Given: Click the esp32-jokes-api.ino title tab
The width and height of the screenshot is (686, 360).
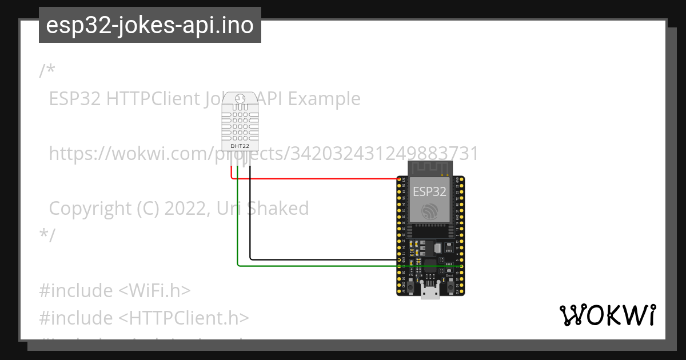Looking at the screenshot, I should click(150, 25).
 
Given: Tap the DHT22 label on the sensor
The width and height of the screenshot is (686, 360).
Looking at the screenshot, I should click(240, 146).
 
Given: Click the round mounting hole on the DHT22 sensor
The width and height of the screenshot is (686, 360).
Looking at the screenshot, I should click(240, 98).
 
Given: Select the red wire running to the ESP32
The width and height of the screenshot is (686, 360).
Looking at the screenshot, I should click(314, 179).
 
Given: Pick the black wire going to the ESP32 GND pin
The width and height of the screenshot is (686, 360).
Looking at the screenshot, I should click(320, 260).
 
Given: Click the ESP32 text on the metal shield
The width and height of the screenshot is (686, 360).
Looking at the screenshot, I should click(429, 191).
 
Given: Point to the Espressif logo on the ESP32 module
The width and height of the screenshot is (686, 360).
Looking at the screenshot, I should click(430, 211).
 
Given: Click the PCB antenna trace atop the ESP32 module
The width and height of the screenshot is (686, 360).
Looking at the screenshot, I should click(430, 168).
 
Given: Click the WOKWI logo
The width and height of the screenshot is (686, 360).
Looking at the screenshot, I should click(607, 315).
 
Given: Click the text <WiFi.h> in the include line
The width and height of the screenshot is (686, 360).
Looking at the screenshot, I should click(154, 290).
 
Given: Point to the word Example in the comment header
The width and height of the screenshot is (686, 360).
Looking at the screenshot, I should click(324, 99).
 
